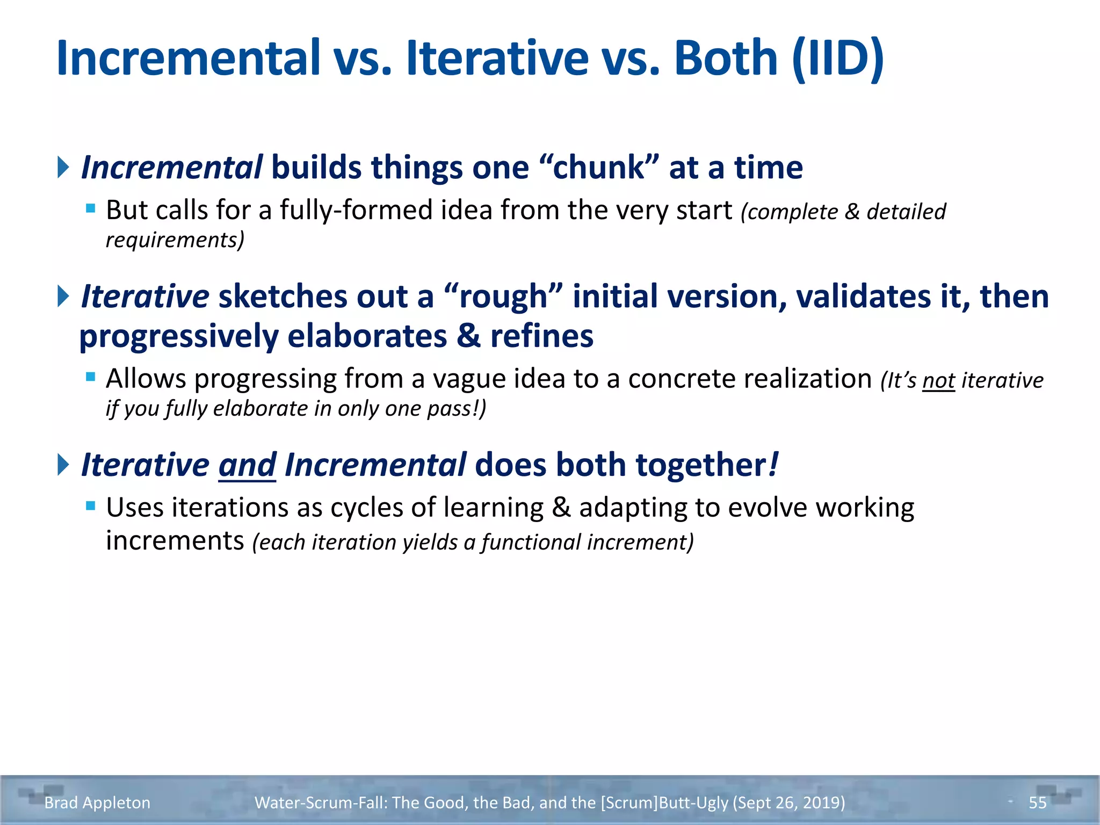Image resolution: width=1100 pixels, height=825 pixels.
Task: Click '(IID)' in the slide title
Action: pyautogui.click(x=838, y=59)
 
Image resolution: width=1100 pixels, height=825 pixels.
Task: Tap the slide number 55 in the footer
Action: pyautogui.click(x=1037, y=802)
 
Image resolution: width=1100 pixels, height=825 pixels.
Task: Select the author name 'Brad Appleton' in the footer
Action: pyautogui.click(x=97, y=802)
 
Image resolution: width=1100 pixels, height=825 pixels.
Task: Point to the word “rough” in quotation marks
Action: pyautogui.click(x=503, y=296)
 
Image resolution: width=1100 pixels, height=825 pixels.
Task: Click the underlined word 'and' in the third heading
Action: pyautogui.click(x=247, y=465)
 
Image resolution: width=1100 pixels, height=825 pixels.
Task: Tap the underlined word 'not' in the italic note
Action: pyautogui.click(x=938, y=381)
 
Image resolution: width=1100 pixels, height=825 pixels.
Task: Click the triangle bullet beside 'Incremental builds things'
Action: pyautogui.click(x=63, y=167)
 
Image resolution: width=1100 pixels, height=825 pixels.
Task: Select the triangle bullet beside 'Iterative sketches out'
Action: pyautogui.click(x=63, y=296)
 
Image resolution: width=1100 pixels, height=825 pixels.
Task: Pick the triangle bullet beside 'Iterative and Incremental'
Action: pyautogui.click(x=63, y=465)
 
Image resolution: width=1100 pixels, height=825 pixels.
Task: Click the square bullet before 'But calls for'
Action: pyautogui.click(x=91, y=208)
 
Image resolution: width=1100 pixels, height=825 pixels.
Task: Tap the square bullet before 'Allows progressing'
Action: pyautogui.click(x=91, y=377)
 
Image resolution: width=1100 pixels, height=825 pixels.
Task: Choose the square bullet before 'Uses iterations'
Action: pyautogui.click(x=91, y=505)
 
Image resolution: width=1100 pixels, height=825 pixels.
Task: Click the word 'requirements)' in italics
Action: pyautogui.click(x=175, y=240)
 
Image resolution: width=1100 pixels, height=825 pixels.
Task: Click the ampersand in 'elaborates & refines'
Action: pyautogui.click(x=468, y=336)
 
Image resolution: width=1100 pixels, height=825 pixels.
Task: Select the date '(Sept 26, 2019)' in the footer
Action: pyautogui.click(x=788, y=802)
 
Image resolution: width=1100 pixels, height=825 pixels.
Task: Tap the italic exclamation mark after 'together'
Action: pyautogui.click(x=773, y=465)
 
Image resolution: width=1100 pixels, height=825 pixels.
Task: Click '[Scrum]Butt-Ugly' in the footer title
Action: pyautogui.click(x=664, y=802)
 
